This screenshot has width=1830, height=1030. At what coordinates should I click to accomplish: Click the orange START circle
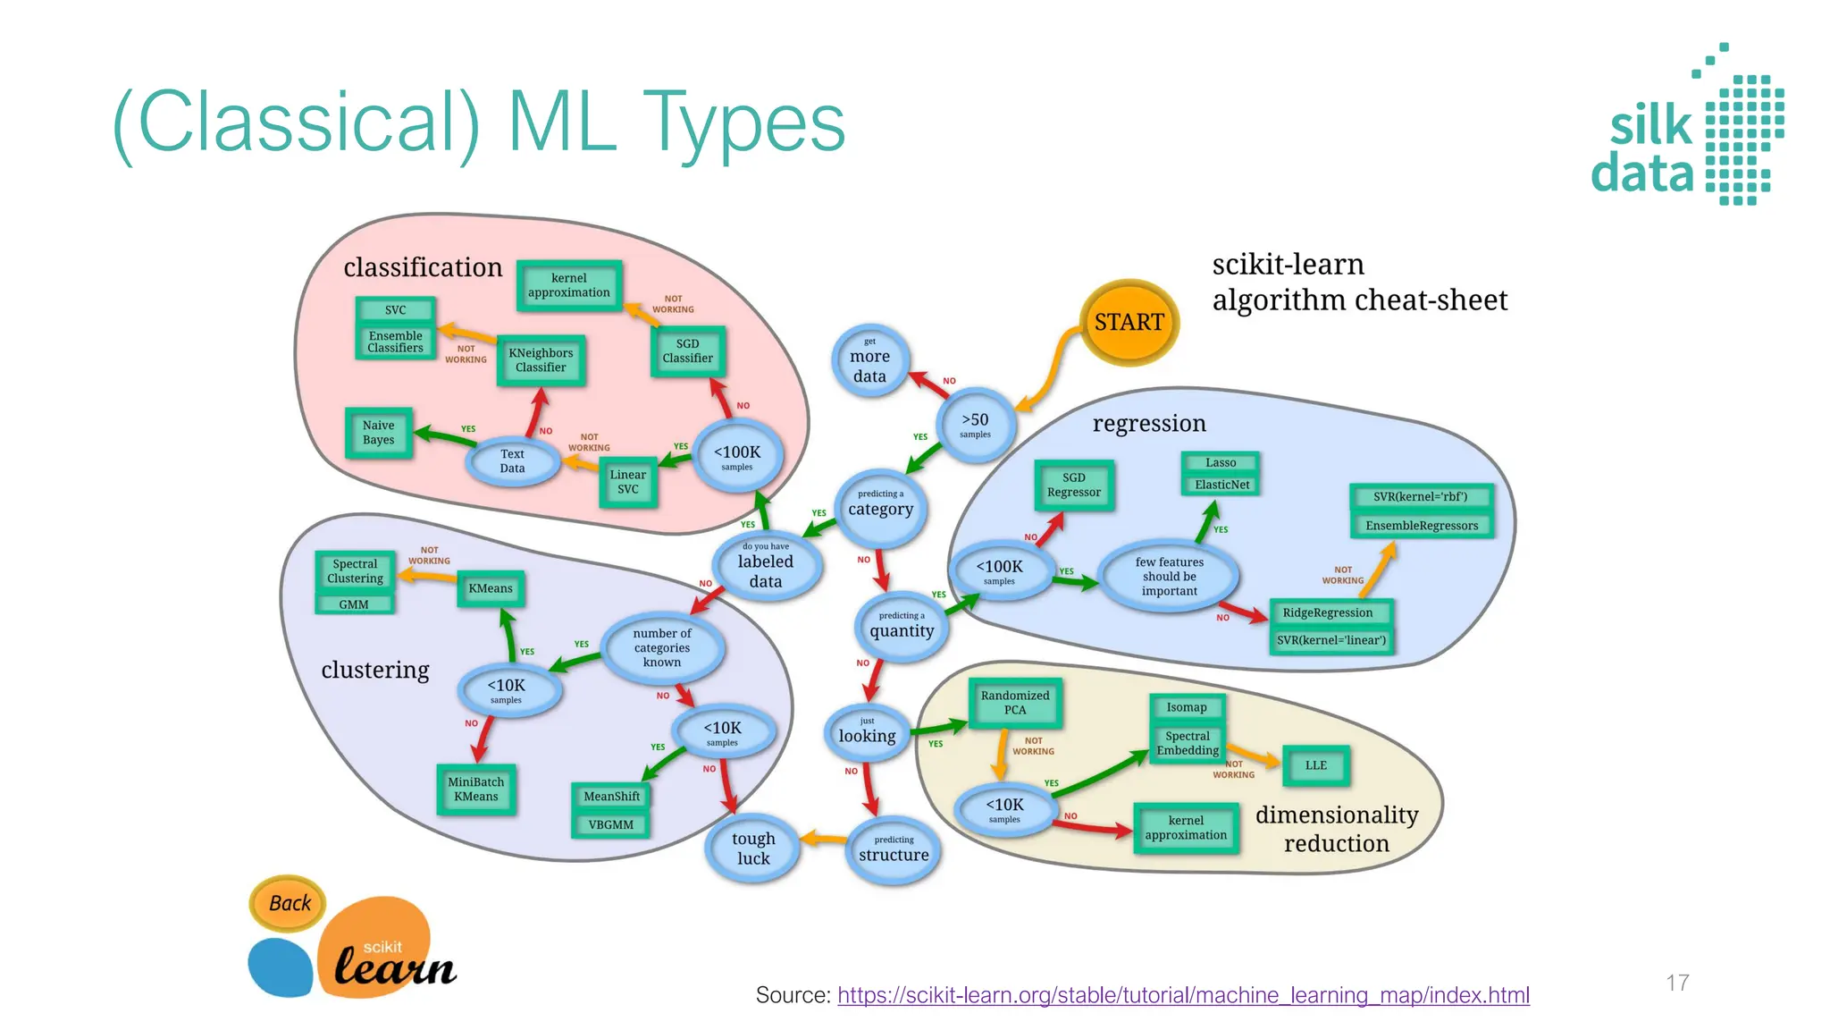pyautogui.click(x=1129, y=323)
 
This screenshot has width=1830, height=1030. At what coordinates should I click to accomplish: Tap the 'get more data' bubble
pyautogui.click(x=869, y=360)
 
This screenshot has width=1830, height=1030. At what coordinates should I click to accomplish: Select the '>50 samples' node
pyautogui.click(x=975, y=425)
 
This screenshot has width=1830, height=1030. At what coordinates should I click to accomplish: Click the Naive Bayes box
pyautogui.click(x=379, y=433)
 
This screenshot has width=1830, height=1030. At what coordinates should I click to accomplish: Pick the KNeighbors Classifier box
pyautogui.click(x=541, y=360)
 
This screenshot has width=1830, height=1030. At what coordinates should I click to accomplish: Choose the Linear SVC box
pyautogui.click(x=628, y=482)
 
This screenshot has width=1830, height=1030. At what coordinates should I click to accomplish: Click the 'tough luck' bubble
pyautogui.click(x=752, y=848)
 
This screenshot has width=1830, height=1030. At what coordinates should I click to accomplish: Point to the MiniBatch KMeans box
pyautogui.click(x=476, y=789)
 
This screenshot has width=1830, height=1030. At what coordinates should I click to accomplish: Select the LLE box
pyautogui.click(x=1315, y=765)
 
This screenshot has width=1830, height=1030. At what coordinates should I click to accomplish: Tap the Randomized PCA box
pyautogui.click(x=1015, y=703)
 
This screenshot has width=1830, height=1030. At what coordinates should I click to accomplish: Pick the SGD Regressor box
pyautogui.click(x=1074, y=485)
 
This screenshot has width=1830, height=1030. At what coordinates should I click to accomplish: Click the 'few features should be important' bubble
pyautogui.click(x=1169, y=577)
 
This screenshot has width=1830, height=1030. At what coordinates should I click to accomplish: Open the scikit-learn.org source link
pyautogui.click(x=1183, y=995)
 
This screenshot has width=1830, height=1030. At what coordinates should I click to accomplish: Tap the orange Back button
pyautogui.click(x=289, y=903)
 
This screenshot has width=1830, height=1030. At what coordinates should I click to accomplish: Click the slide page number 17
pyautogui.click(x=1677, y=983)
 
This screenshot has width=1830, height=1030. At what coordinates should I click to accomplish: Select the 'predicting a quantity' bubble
pyautogui.click(x=902, y=626)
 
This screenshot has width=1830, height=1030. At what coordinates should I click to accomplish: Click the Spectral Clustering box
pyautogui.click(x=355, y=571)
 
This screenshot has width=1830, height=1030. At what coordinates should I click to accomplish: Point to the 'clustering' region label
pyautogui.click(x=375, y=670)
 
